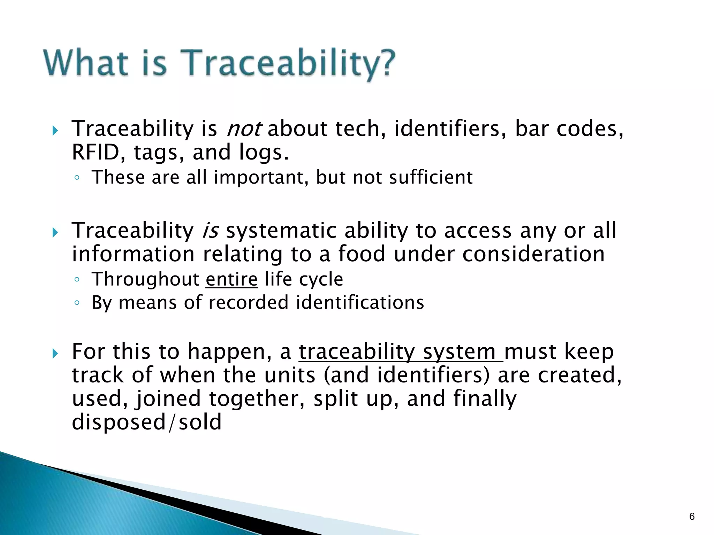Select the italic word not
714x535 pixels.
(243, 129)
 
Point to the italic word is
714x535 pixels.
(210, 231)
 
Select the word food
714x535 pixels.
(362, 254)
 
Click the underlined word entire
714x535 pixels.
(231, 279)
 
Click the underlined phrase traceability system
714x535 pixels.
(400, 352)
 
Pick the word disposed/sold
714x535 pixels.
(146, 422)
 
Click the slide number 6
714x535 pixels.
(692, 517)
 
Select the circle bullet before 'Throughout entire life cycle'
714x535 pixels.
(77, 280)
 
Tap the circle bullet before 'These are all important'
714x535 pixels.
(77, 178)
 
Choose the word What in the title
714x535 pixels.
(85, 63)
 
